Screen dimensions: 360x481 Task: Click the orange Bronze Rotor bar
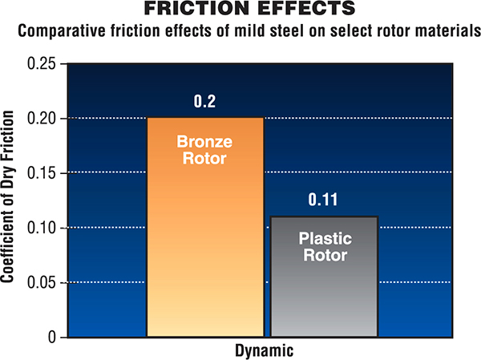click(205, 241)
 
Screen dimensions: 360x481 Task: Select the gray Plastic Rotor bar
click(323, 289)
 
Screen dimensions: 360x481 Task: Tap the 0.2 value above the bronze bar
click(205, 103)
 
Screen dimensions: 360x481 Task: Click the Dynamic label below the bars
click(265, 350)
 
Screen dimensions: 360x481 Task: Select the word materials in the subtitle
click(436, 32)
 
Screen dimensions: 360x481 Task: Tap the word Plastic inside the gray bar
click(323, 238)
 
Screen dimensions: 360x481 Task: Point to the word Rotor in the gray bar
click(323, 256)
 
